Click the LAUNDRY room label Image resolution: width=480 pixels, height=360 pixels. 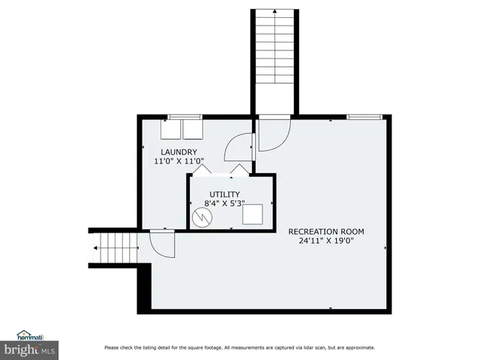point(178,152)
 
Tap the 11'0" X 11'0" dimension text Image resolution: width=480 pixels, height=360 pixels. point(178,161)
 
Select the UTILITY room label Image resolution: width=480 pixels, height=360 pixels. point(224,194)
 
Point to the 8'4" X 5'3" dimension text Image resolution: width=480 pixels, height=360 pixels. point(224,203)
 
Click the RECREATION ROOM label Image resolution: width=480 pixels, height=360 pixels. point(332,232)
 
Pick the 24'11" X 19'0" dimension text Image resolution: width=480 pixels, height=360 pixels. point(332,241)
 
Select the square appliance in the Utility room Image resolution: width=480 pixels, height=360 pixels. point(251,214)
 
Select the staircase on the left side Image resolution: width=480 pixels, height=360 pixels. point(116,247)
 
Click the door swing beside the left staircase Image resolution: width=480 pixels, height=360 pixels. point(162,241)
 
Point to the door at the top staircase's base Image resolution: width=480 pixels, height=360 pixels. point(271,133)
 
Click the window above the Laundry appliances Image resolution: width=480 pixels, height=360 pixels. point(184,116)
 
